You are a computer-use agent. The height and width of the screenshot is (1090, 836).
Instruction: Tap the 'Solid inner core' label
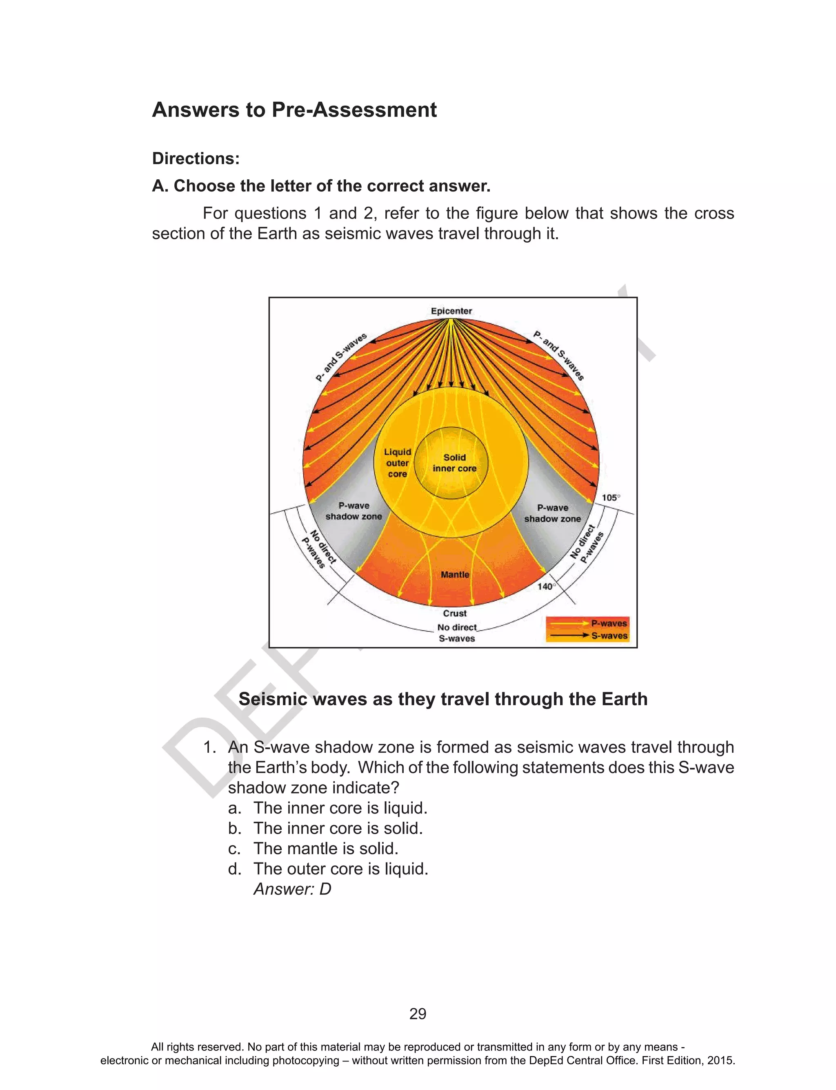click(x=454, y=463)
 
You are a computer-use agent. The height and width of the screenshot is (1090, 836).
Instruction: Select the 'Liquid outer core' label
click(x=397, y=463)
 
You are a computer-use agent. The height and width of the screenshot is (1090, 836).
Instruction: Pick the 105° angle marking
click(x=611, y=498)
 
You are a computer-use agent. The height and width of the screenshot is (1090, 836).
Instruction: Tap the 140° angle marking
click(x=546, y=586)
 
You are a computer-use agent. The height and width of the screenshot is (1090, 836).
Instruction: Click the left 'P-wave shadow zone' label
click(x=354, y=511)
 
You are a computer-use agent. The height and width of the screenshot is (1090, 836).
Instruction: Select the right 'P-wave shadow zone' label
click(x=552, y=513)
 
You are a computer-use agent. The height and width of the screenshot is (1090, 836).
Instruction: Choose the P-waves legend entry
click(x=609, y=623)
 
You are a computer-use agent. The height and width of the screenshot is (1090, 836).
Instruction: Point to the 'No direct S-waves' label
click(x=457, y=633)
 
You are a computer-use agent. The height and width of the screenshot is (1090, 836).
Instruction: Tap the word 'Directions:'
click(x=196, y=158)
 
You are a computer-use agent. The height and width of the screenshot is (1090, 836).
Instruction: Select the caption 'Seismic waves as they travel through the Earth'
click(x=443, y=699)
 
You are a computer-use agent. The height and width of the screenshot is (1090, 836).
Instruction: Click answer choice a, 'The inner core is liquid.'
click(x=340, y=808)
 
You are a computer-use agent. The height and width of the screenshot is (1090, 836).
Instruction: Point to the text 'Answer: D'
click(x=292, y=889)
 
